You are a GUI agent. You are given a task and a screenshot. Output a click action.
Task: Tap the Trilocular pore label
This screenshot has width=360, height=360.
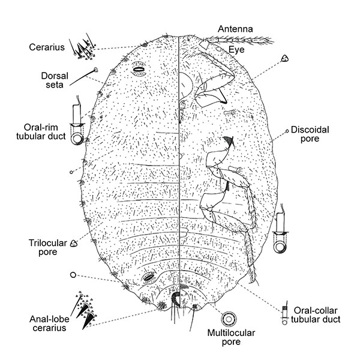click(43, 247)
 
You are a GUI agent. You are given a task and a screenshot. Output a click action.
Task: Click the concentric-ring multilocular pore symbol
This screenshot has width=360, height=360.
click(229, 318)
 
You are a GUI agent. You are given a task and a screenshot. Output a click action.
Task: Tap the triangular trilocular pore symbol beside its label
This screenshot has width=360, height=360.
click(75, 243)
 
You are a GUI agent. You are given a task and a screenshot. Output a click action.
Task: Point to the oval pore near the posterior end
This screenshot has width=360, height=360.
click(149, 278)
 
